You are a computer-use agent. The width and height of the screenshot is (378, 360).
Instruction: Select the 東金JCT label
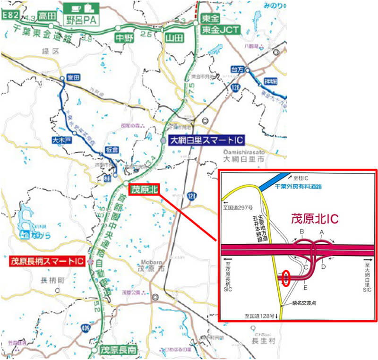(x=221, y=29)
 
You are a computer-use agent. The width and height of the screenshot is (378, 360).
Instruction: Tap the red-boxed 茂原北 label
(x=144, y=189)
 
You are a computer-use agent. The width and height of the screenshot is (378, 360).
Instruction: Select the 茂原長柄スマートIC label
(x=47, y=261)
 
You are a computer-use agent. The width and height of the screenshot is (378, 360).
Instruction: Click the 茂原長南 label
(x=119, y=350)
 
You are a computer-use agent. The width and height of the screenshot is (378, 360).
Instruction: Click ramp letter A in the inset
(x=322, y=232)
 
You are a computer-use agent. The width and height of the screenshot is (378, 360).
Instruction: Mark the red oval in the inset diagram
(x=285, y=278)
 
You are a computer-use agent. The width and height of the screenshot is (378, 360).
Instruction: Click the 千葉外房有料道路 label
(x=298, y=186)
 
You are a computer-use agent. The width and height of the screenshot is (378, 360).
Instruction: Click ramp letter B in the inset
(x=301, y=231)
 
